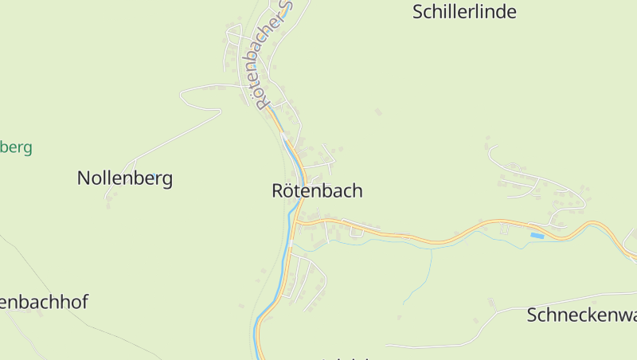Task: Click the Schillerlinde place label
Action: [x=464, y=12]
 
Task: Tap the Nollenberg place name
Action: [x=125, y=178]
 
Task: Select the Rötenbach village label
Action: [x=317, y=191]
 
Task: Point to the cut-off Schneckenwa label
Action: [x=581, y=315]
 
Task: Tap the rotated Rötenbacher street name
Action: [x=268, y=56]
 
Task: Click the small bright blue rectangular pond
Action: [x=537, y=236]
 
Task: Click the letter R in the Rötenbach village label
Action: [x=278, y=191]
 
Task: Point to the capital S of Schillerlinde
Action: [x=418, y=12]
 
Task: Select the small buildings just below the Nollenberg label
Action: [x=108, y=202]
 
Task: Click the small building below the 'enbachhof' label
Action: [x=38, y=313]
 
